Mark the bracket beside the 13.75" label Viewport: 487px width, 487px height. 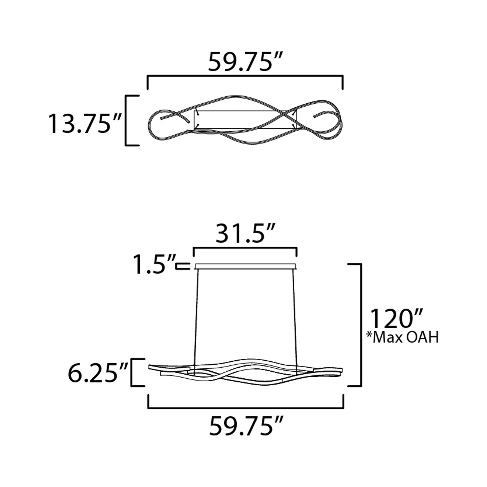[x=126, y=120]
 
